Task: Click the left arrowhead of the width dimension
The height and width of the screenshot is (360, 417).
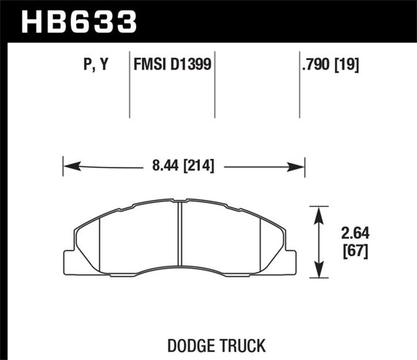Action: [x=68, y=166]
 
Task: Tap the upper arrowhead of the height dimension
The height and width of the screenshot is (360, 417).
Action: [x=319, y=212]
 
